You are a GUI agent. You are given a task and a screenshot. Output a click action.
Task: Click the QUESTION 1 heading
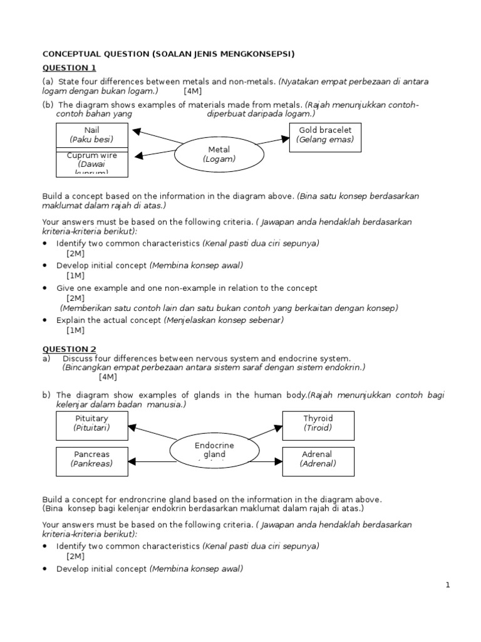coord(69,68)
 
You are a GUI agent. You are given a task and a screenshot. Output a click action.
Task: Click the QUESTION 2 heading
coord(69,349)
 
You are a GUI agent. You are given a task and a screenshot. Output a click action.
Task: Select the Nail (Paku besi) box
coord(91,135)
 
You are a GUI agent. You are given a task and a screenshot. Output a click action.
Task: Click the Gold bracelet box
coord(325,135)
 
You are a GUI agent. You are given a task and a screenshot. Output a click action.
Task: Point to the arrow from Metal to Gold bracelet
coord(272,140)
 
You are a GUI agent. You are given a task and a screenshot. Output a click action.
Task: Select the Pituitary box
coord(91,423)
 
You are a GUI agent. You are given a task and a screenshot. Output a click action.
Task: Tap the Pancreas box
coord(91,459)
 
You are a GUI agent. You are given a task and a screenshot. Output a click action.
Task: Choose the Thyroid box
coord(318,423)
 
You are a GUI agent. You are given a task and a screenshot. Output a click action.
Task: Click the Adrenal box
coord(318,459)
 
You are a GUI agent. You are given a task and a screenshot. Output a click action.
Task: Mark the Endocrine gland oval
coord(214,450)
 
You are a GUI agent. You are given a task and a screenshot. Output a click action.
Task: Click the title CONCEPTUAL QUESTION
coord(168,54)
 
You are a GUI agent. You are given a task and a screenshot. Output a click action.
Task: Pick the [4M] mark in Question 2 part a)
coord(107,377)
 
